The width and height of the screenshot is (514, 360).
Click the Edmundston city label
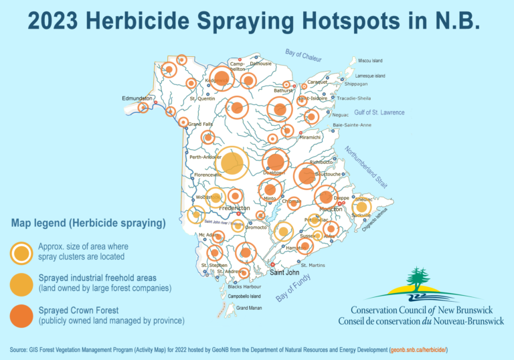pyautogui.click(x=137, y=98)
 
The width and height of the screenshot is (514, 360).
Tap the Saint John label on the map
pyautogui.click(x=284, y=272)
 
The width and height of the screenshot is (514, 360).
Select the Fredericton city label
pyautogui.click(x=234, y=208)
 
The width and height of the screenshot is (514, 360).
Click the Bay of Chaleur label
pyautogui.click(x=303, y=56)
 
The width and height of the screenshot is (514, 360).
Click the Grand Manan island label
pyautogui.click(x=249, y=308)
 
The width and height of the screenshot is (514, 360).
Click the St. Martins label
pyautogui.click(x=313, y=266)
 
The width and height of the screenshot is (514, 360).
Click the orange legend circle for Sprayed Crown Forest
pyautogui.click(x=21, y=316)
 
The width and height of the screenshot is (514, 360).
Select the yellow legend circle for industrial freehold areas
pyautogui.click(x=21, y=284)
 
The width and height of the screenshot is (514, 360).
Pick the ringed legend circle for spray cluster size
pyautogui.click(x=21, y=252)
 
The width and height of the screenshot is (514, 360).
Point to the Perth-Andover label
pyautogui.click(x=205, y=157)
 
